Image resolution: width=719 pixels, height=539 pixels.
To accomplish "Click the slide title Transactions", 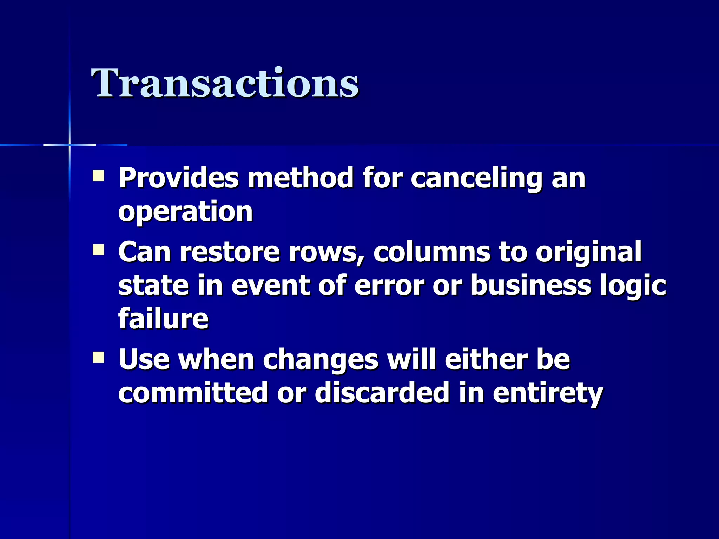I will click(225, 83).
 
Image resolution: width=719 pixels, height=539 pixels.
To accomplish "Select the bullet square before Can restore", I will click(98, 251).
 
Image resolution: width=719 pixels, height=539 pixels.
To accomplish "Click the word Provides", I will click(178, 178).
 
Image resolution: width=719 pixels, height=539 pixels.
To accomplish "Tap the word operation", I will click(185, 212).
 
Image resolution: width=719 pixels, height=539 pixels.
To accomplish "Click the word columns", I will click(432, 252).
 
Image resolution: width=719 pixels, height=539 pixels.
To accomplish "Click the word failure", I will click(163, 319).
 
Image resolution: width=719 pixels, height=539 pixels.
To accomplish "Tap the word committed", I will click(193, 393).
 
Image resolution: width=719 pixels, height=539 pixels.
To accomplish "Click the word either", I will click(486, 359).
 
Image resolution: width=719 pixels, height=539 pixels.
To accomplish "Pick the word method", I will click(300, 178).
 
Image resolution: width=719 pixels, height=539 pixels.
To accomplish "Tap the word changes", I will click(321, 360).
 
